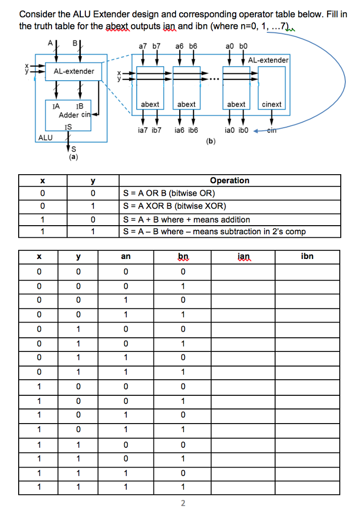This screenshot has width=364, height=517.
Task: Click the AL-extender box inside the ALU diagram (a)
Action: (74, 71)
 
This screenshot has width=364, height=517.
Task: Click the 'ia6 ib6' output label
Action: (186, 130)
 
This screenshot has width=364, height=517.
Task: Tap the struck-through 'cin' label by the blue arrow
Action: (272, 130)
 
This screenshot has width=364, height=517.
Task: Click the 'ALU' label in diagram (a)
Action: (45, 137)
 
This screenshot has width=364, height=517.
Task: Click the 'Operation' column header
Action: (229, 180)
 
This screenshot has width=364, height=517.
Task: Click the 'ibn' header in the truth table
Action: (307, 256)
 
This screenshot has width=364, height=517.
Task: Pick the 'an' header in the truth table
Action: (126, 256)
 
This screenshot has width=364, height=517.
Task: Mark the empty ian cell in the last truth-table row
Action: (243, 487)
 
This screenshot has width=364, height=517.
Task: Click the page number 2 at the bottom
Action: (183, 503)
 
